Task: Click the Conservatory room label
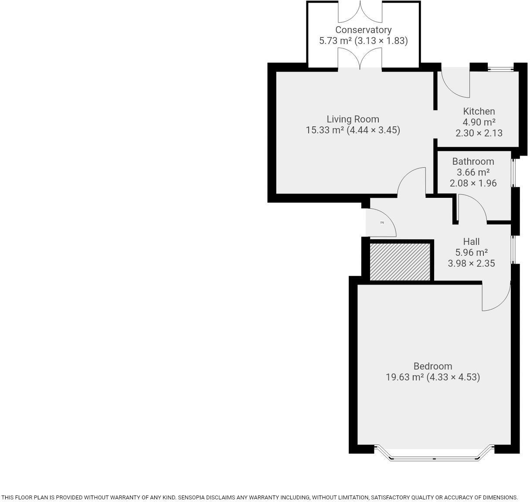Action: coord(363,30)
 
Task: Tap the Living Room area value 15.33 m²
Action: coord(325,130)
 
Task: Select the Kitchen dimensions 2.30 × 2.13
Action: coord(479,133)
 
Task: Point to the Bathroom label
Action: coord(473,161)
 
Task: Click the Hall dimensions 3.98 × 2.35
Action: coord(471,263)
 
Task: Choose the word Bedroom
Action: coord(432,366)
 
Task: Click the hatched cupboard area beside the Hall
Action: coord(400,261)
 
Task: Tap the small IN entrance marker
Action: coord(382,223)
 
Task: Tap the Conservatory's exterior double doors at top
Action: coord(360,12)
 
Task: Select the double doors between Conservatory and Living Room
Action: coord(360,59)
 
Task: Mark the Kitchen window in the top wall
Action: coord(500,68)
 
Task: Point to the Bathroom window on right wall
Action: coord(513,173)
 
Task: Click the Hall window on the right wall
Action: coord(513,249)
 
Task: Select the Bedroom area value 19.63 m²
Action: coord(404,377)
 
